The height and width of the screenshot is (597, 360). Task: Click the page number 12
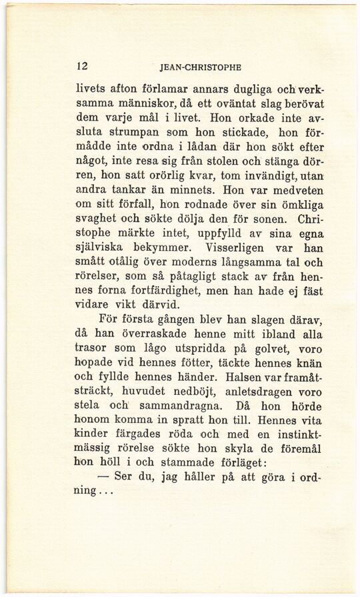(x=83, y=66)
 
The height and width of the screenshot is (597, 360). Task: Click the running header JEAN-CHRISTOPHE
(x=201, y=67)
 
